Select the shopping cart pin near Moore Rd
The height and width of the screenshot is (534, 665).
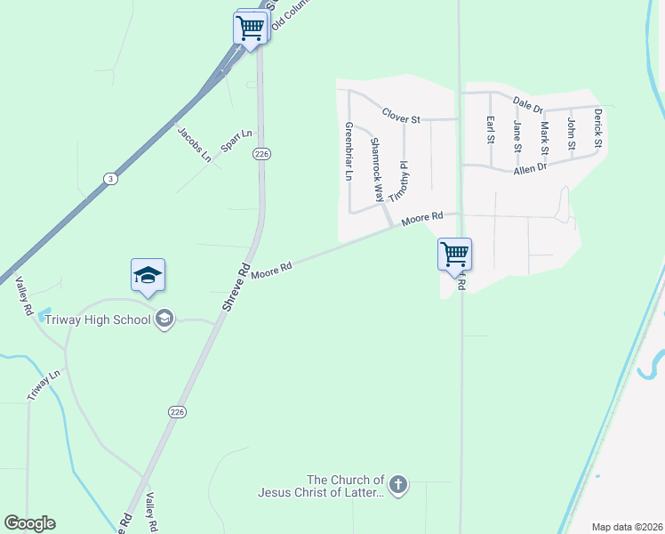click(x=454, y=254)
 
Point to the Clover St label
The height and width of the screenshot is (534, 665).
click(x=400, y=115)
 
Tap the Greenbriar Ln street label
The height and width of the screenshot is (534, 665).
click(x=349, y=152)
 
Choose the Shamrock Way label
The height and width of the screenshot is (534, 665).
click(x=377, y=169)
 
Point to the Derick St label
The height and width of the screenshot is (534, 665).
click(x=598, y=128)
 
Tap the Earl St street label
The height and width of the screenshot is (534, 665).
click(x=490, y=129)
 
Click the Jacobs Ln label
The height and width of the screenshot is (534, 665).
click(x=194, y=145)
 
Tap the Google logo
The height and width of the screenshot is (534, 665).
click(x=29, y=523)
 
